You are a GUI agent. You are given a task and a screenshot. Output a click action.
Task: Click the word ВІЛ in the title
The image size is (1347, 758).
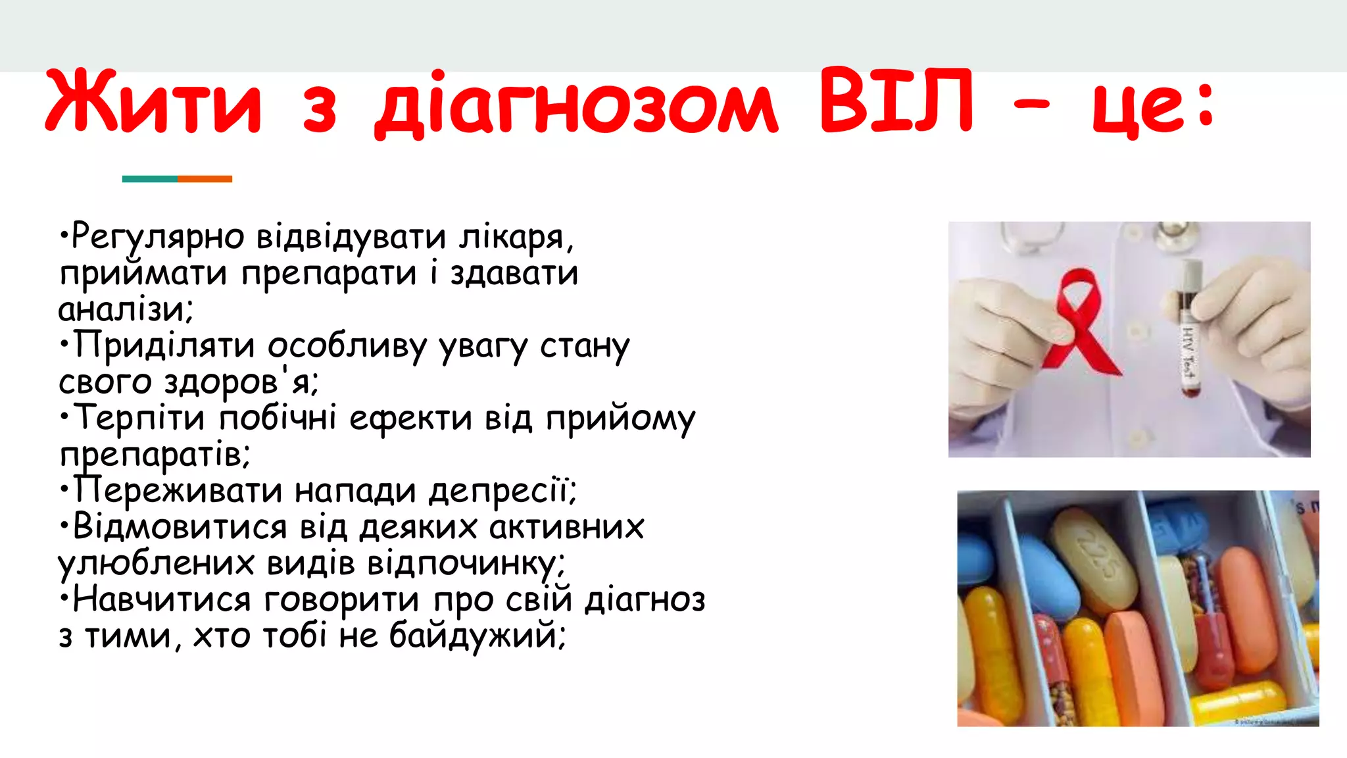click(x=896, y=102)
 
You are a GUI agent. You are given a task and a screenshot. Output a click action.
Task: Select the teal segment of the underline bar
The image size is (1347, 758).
click(x=149, y=179)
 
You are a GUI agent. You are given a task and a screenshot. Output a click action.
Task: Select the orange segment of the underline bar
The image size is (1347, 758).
click(x=205, y=179)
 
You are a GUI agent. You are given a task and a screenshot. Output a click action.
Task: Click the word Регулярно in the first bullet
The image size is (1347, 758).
click(x=157, y=237)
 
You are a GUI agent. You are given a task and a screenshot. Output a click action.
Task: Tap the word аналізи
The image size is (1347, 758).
click(x=125, y=309)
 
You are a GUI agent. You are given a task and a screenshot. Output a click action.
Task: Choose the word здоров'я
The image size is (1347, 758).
click(x=241, y=382)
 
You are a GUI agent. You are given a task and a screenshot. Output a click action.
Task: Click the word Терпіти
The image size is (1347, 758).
click(x=139, y=418)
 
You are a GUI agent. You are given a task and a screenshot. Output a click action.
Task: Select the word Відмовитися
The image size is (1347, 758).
click(x=180, y=527)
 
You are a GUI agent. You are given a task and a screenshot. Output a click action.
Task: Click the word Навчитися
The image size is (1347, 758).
click(x=161, y=599)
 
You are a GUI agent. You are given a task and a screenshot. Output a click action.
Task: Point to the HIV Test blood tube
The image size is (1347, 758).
click(x=1189, y=329)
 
